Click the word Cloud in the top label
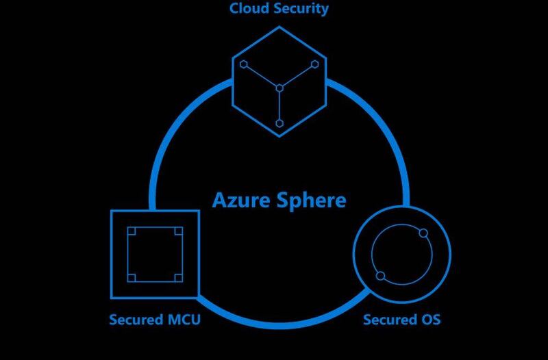[247, 9]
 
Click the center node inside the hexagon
[279, 88]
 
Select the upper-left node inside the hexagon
[243, 64]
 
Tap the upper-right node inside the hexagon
[315, 64]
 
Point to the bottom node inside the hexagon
[279, 123]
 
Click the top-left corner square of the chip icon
[132, 231]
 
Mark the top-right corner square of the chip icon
[177, 231]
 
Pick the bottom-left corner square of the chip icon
[132, 277]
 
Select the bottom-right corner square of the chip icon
[177, 277]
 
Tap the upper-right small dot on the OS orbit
[423, 234]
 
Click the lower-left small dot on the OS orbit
[380, 276]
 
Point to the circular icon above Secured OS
[401, 255]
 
